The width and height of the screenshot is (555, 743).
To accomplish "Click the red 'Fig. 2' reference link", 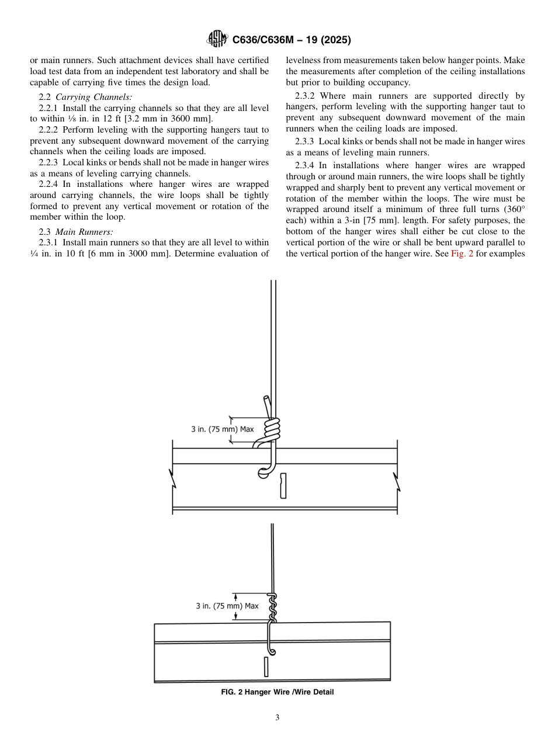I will (462, 254).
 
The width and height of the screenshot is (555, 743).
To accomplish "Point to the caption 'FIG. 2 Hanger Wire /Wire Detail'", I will (277, 692).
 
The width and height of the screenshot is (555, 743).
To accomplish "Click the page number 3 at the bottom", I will (277, 718).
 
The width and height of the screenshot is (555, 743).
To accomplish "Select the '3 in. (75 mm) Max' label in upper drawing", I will (223, 429).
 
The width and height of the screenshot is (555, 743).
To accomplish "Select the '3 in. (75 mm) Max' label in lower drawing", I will (227, 606).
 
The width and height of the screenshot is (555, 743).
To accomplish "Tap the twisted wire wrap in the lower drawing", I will (272, 607).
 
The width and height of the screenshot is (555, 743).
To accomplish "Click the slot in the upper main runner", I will (283, 485).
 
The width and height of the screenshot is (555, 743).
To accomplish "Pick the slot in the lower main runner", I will (266, 666).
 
